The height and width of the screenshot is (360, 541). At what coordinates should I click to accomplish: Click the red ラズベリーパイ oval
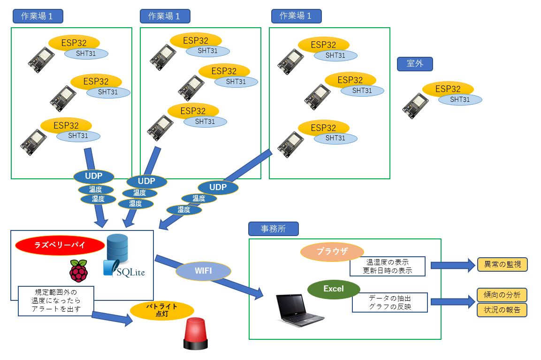(60, 245)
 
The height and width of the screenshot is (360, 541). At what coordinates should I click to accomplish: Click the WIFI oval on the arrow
(204, 271)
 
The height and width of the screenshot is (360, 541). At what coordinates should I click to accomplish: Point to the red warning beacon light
(196, 334)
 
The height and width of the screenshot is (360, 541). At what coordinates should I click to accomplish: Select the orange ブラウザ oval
(332, 252)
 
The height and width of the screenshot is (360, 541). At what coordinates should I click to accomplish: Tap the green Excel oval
(334, 289)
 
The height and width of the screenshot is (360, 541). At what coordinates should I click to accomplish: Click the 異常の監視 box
(503, 265)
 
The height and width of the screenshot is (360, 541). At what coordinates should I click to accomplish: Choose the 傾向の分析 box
(502, 295)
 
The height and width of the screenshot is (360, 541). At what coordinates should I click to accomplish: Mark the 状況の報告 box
(502, 310)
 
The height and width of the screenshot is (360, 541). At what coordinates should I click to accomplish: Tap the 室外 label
(415, 64)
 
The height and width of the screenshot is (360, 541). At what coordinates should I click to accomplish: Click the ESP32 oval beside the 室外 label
(448, 89)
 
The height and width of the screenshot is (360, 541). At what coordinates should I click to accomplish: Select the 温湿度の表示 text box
(388, 266)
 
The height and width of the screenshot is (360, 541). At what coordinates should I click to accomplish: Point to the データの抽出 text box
(390, 303)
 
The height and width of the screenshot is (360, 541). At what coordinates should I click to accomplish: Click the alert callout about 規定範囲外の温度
(56, 300)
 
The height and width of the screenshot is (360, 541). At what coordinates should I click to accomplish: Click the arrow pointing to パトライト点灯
(113, 318)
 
